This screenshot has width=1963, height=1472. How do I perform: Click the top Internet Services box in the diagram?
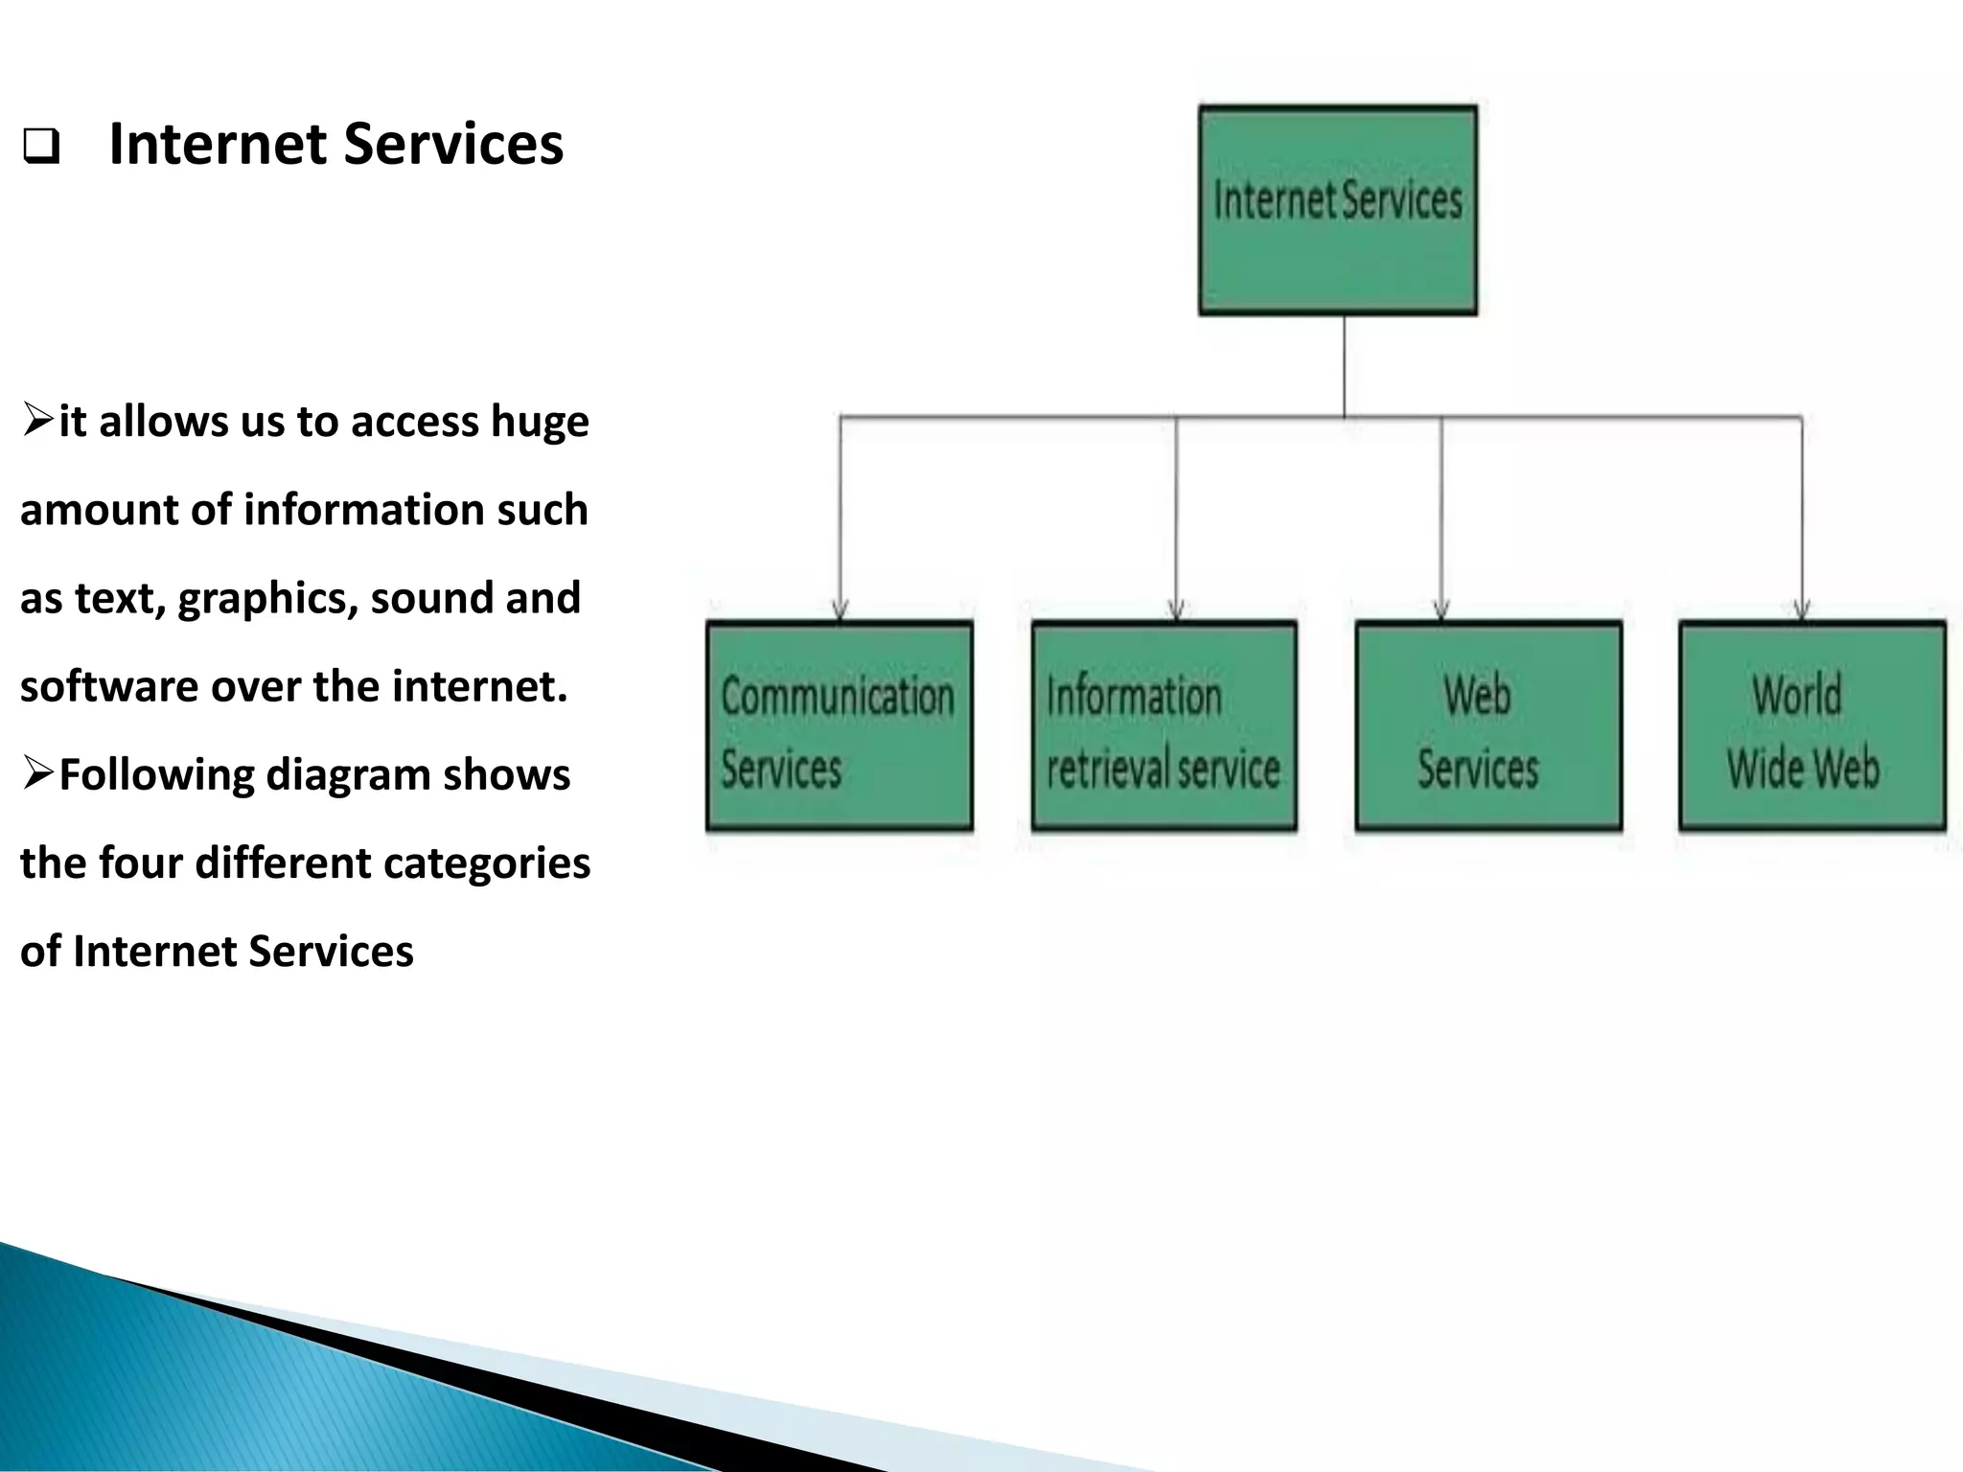1337,210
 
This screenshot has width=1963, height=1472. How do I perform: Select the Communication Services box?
839,725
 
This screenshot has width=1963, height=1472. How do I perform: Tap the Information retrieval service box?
1164,725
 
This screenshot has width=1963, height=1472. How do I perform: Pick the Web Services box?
1488,725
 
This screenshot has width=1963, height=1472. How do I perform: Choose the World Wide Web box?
1812,725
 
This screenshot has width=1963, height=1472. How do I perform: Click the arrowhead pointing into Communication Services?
840,609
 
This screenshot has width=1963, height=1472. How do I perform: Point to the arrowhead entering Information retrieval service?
1176,609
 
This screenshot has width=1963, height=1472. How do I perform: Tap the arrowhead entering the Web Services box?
1441,609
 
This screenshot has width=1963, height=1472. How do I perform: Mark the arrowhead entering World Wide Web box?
1802,609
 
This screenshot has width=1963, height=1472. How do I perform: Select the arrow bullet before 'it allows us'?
37,420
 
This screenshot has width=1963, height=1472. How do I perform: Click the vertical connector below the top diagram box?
1344,365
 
